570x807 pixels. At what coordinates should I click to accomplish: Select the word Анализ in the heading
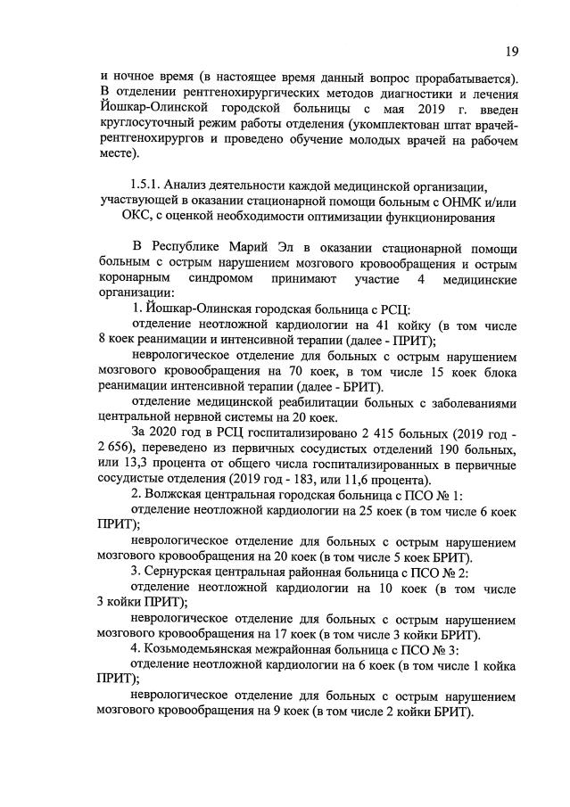coord(195,185)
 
